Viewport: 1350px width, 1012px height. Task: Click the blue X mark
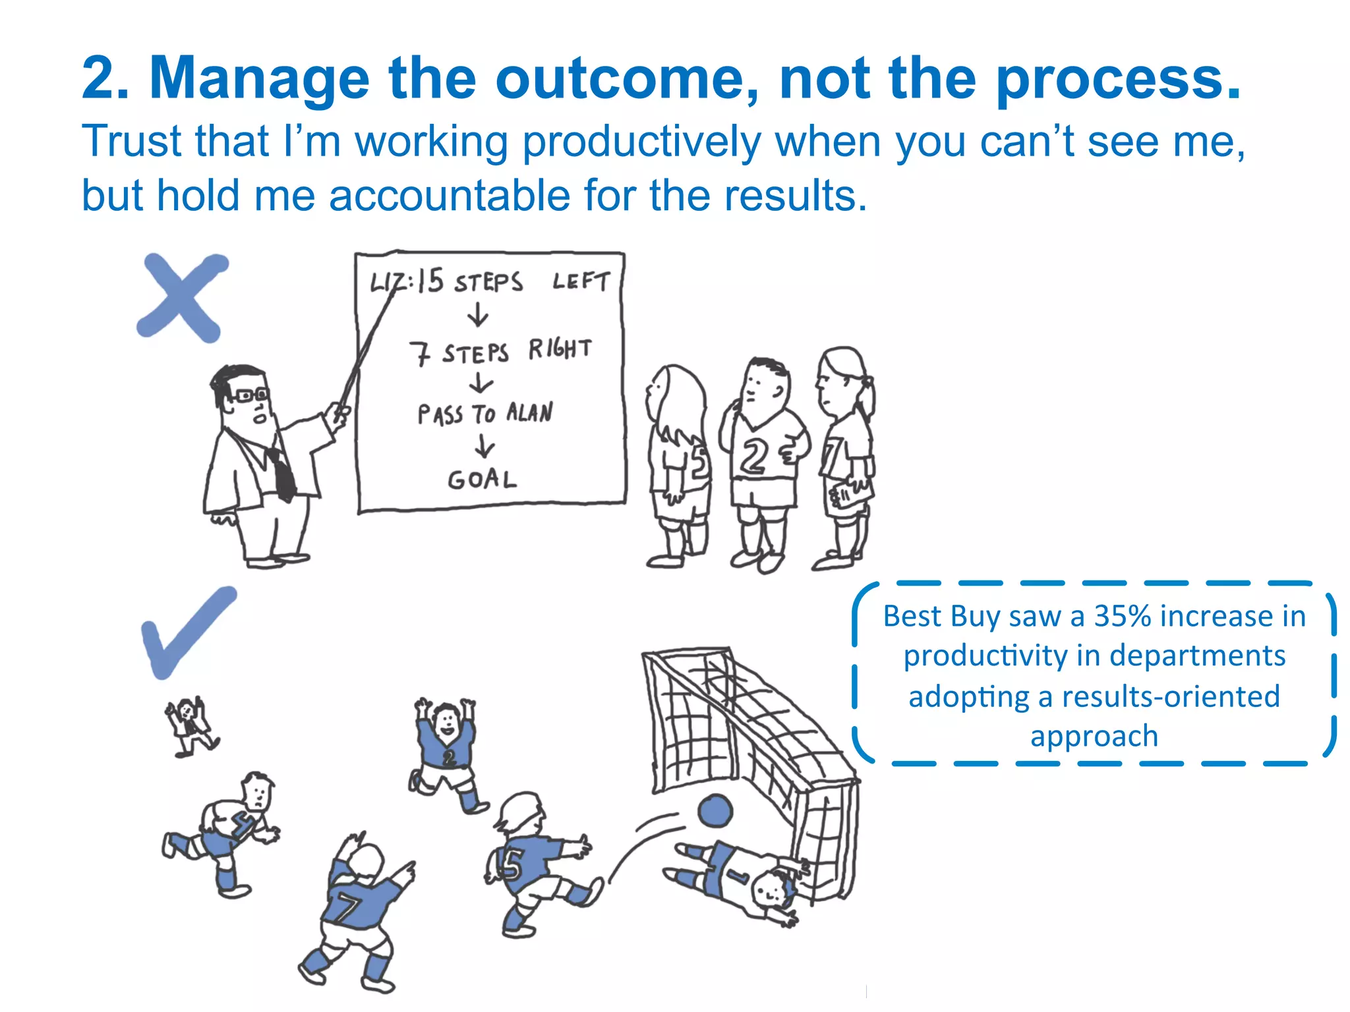(x=181, y=298)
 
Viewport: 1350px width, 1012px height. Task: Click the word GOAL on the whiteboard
(x=482, y=479)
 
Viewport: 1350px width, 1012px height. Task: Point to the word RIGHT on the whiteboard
(x=560, y=349)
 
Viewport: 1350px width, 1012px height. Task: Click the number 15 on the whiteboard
(x=430, y=280)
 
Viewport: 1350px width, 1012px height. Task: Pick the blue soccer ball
(x=715, y=810)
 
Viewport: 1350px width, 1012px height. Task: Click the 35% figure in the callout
(x=1122, y=617)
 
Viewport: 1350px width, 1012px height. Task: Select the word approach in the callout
(x=1094, y=736)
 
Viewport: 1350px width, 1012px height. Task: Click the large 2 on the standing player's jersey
(x=753, y=456)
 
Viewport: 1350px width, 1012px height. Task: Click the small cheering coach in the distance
(x=191, y=725)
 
